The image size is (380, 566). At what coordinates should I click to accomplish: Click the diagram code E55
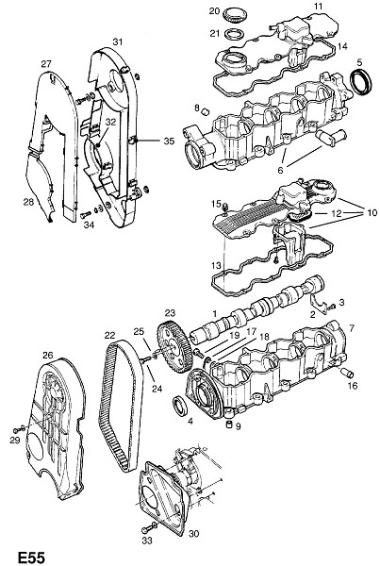pos(31,557)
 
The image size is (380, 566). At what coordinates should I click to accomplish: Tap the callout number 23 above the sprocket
pos(170,312)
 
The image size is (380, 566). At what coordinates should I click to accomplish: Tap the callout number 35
pos(169,141)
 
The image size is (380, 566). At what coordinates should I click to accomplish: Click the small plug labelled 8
pos(207,111)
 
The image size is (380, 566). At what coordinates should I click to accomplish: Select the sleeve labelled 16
pos(347,373)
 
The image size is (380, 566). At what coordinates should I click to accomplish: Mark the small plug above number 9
pos(228,424)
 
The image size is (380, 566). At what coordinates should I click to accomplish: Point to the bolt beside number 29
pos(19,429)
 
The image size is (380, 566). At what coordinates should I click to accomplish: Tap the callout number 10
pos(372,212)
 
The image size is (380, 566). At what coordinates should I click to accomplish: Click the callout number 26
pos(48,356)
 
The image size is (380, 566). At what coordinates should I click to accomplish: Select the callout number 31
pos(118,42)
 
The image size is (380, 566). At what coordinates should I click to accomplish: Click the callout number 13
pos(216,266)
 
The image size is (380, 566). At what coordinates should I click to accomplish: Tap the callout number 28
pos(28,202)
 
